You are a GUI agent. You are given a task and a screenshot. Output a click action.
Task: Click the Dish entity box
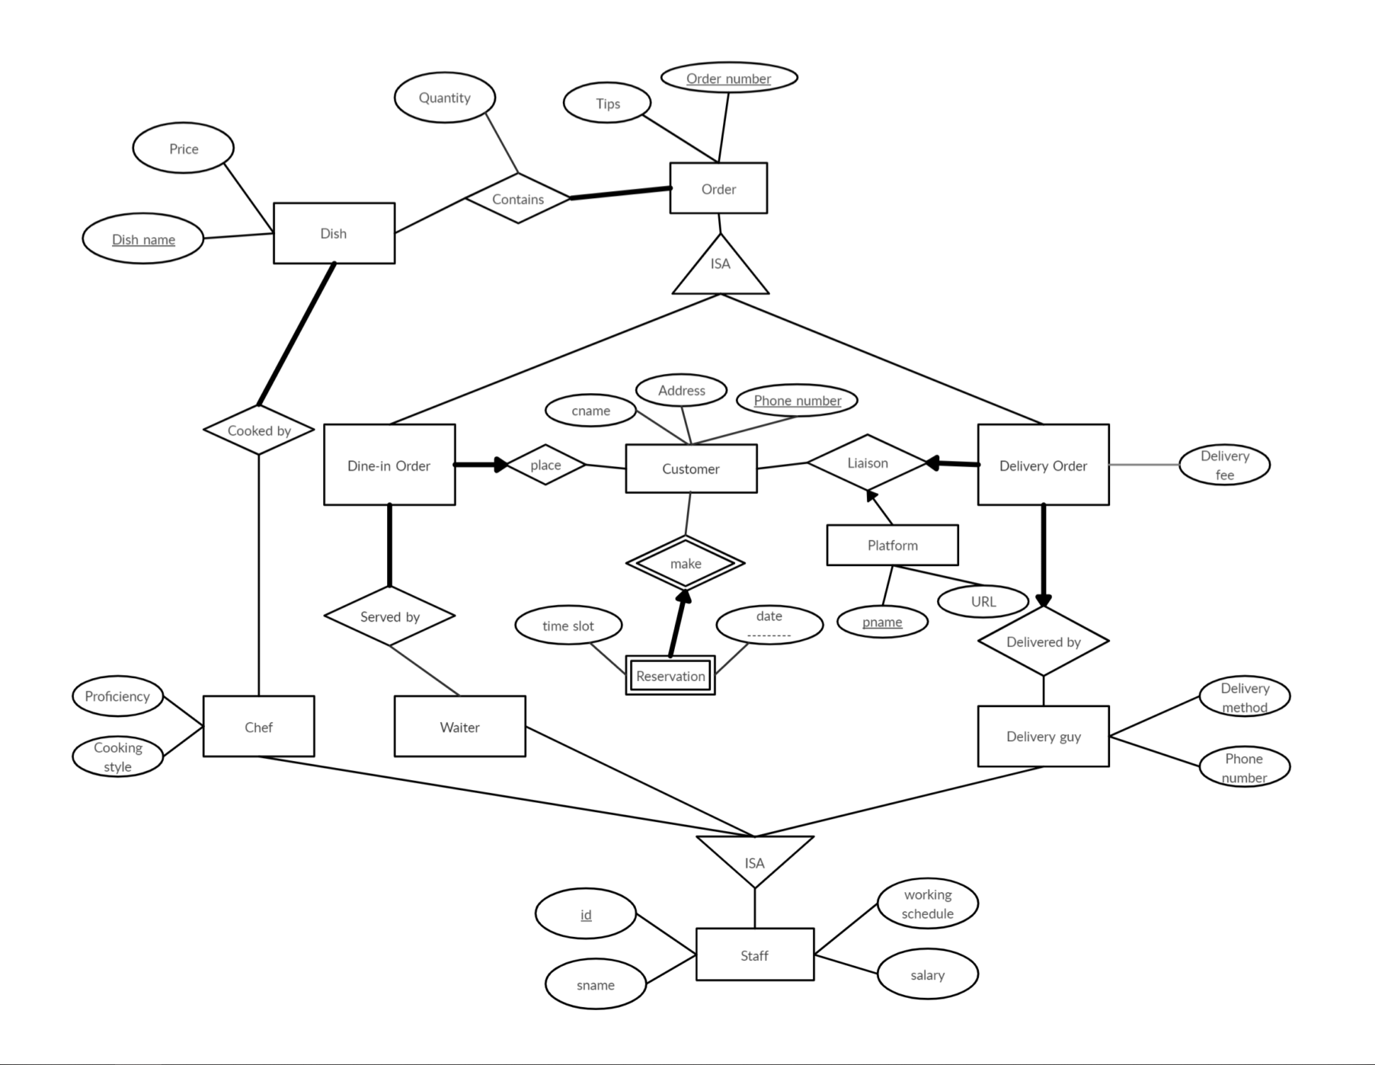point(334,233)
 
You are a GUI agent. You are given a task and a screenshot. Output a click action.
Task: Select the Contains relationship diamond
point(518,199)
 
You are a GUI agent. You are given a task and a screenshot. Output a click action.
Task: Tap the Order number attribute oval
point(729,78)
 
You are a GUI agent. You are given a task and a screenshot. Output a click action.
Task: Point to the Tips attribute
point(607,103)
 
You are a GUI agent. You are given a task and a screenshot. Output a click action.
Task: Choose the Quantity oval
point(445,98)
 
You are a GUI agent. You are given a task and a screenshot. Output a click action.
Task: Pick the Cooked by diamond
point(259,430)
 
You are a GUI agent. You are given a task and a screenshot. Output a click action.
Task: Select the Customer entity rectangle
point(691,469)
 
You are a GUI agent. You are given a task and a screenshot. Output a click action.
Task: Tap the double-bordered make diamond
point(686,564)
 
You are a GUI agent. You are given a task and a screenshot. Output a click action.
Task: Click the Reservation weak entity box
point(670,676)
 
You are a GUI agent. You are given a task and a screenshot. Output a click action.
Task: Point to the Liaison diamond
point(867,462)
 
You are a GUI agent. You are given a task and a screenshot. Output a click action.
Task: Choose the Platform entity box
point(892,545)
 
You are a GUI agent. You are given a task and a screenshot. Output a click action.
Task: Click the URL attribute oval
point(983,601)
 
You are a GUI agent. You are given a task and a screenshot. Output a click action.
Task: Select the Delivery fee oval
point(1224,465)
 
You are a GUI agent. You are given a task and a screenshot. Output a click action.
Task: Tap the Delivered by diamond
point(1044,641)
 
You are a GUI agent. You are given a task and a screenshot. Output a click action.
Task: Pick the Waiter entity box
point(459,727)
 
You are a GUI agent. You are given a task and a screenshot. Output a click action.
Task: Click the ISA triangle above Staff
point(755,857)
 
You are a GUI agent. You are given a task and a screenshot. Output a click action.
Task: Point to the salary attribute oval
point(927,974)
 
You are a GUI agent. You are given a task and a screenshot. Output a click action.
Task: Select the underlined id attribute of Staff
point(585,914)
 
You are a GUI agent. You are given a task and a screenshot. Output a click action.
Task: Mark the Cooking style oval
point(118,756)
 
